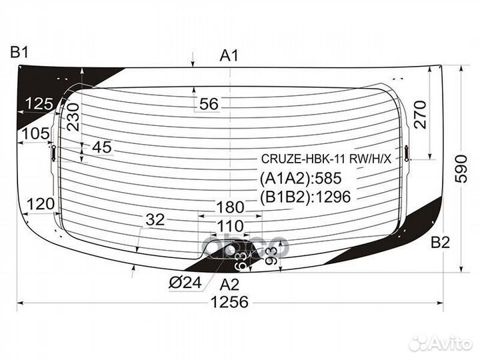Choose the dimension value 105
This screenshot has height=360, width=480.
[35, 133]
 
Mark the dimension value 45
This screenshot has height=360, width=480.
[102, 148]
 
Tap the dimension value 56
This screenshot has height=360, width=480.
[209, 104]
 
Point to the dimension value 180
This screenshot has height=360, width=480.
[230, 207]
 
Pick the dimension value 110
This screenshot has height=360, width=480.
[230, 225]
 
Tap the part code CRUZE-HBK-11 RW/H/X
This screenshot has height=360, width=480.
[327, 160]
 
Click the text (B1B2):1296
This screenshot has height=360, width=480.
[304, 196]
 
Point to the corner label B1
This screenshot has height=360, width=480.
[18, 51]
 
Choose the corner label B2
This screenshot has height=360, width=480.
[440, 243]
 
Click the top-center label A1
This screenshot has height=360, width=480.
[229, 56]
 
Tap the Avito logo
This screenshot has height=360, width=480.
[440, 343]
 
